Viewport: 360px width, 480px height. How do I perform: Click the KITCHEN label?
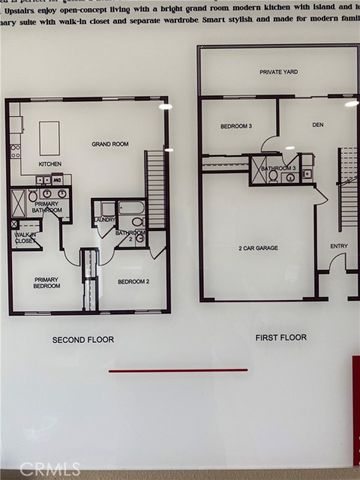click(x=50, y=163)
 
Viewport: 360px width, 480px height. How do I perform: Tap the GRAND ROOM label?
click(x=109, y=144)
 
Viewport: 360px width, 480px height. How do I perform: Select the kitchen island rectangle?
click(x=49, y=136)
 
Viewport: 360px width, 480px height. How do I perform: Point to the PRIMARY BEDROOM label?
click(x=47, y=283)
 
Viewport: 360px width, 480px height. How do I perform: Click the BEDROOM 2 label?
click(x=132, y=281)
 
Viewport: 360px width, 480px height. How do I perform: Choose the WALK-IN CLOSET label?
click(x=26, y=238)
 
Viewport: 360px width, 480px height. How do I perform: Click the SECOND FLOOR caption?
click(x=83, y=340)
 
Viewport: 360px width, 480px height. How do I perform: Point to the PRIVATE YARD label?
click(x=279, y=72)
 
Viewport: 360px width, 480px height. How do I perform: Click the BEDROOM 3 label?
click(x=236, y=126)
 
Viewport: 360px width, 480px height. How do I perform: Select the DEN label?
click(x=319, y=125)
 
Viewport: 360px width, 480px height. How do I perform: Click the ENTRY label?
click(x=339, y=246)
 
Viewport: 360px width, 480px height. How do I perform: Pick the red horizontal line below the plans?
click(x=178, y=370)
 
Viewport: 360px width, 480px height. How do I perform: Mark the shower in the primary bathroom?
click(x=20, y=203)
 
